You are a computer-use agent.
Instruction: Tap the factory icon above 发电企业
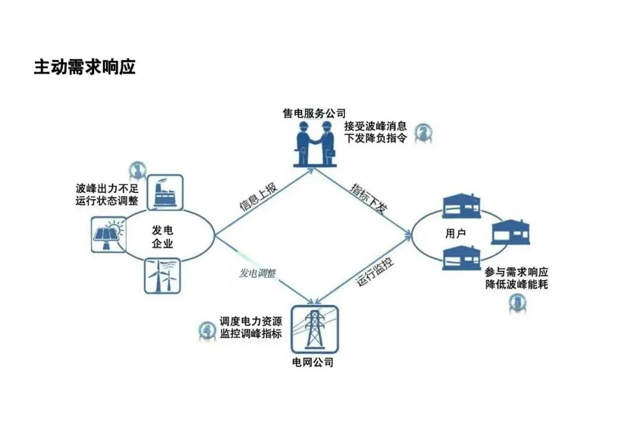coord(165,191)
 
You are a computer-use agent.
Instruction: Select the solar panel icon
coord(109,235)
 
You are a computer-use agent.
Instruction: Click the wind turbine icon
coord(163,275)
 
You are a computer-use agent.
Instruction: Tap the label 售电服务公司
coord(314,113)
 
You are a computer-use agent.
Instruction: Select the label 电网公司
coord(313,363)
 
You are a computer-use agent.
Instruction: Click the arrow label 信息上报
coord(259,196)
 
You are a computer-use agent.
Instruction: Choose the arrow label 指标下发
coord(368,199)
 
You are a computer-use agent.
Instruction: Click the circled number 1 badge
coord(137,170)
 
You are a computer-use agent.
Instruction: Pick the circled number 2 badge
coord(423,133)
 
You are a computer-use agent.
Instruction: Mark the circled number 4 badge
coord(207,331)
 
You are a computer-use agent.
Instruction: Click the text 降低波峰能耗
coord(516,285)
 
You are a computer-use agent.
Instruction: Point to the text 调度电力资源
coord(251,321)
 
